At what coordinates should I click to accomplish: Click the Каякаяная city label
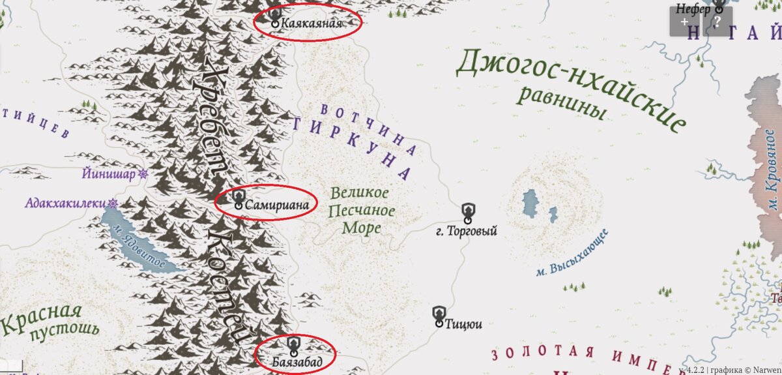(x=311, y=23)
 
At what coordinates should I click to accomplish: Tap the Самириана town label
(x=277, y=204)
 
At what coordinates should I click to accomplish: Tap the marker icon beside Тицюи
(x=439, y=316)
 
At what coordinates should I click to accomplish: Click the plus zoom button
(x=684, y=22)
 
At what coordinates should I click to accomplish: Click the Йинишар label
(x=109, y=174)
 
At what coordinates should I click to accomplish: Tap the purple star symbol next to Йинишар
(x=143, y=174)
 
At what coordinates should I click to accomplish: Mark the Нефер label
(x=692, y=9)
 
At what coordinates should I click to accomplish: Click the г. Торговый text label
(x=467, y=231)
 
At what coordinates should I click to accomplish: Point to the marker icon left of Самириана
(x=239, y=198)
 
